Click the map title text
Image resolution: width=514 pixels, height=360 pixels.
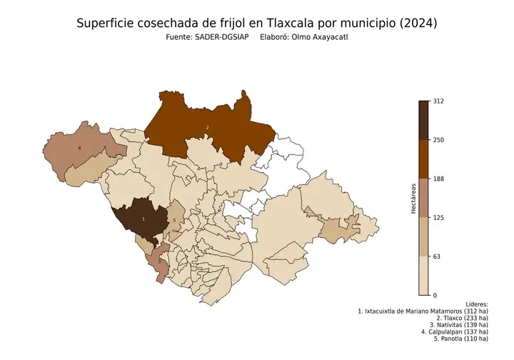256,24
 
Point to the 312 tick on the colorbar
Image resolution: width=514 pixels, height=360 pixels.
439,101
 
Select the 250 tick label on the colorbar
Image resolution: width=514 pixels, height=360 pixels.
439,140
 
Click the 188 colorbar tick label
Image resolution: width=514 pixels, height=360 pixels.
439,179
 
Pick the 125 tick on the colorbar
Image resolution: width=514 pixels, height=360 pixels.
439,217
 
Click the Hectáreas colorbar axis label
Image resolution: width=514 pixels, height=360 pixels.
413,198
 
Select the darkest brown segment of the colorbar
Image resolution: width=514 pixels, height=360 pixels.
424,120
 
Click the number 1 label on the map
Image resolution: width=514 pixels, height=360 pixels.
143,219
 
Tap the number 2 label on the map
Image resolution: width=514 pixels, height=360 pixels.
207,127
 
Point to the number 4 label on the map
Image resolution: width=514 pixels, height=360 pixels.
79,148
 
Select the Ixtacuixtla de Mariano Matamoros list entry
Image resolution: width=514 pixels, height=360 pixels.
423,312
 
